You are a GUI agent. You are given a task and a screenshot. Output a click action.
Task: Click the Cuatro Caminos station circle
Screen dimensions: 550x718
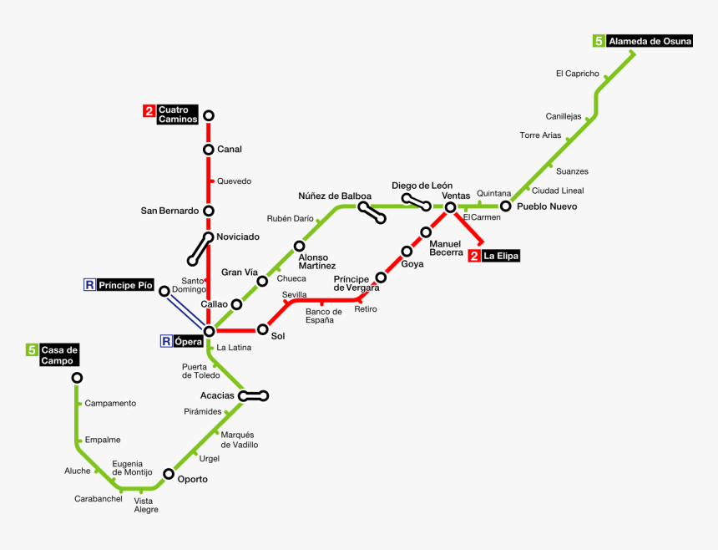coord(209,115)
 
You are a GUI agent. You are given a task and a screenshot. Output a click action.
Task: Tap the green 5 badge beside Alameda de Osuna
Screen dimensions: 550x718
coord(599,40)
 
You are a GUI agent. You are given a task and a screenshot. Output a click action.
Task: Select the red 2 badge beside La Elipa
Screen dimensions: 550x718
coord(474,257)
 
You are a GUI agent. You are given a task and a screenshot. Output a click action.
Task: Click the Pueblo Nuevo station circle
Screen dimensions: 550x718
coord(505,206)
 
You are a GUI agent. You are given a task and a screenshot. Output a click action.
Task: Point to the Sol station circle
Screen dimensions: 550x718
coord(262,329)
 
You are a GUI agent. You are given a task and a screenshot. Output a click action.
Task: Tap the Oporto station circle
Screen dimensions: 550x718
coord(169,474)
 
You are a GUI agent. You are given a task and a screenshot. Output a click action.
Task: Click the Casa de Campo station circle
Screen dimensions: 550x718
coord(77,378)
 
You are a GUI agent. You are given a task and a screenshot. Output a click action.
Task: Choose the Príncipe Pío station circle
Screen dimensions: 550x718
coord(164,291)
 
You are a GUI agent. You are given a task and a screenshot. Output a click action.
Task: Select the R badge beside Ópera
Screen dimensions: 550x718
coord(167,341)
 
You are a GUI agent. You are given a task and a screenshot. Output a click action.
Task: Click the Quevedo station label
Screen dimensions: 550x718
coord(234,181)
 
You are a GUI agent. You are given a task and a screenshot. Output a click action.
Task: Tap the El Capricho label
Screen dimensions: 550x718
coord(577,74)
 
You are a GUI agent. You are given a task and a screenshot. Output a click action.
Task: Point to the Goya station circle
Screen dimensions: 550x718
coord(407,251)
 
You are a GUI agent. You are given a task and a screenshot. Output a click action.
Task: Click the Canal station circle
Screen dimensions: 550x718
coord(209,150)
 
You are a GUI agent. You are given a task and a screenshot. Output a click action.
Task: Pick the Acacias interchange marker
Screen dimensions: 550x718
coord(253,395)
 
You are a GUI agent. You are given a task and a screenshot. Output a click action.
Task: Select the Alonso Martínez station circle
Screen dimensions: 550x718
coord(299,246)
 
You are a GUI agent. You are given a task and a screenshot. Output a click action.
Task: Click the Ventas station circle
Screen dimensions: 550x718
coord(450,207)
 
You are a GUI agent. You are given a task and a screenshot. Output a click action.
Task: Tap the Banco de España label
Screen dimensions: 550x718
coord(323,316)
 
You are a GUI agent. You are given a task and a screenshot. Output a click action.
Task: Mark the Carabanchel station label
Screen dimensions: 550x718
coord(98,499)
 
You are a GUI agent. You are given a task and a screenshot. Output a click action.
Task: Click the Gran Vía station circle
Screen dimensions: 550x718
coord(262,281)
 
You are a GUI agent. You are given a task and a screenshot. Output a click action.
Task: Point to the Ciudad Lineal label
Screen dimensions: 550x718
coord(558,191)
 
